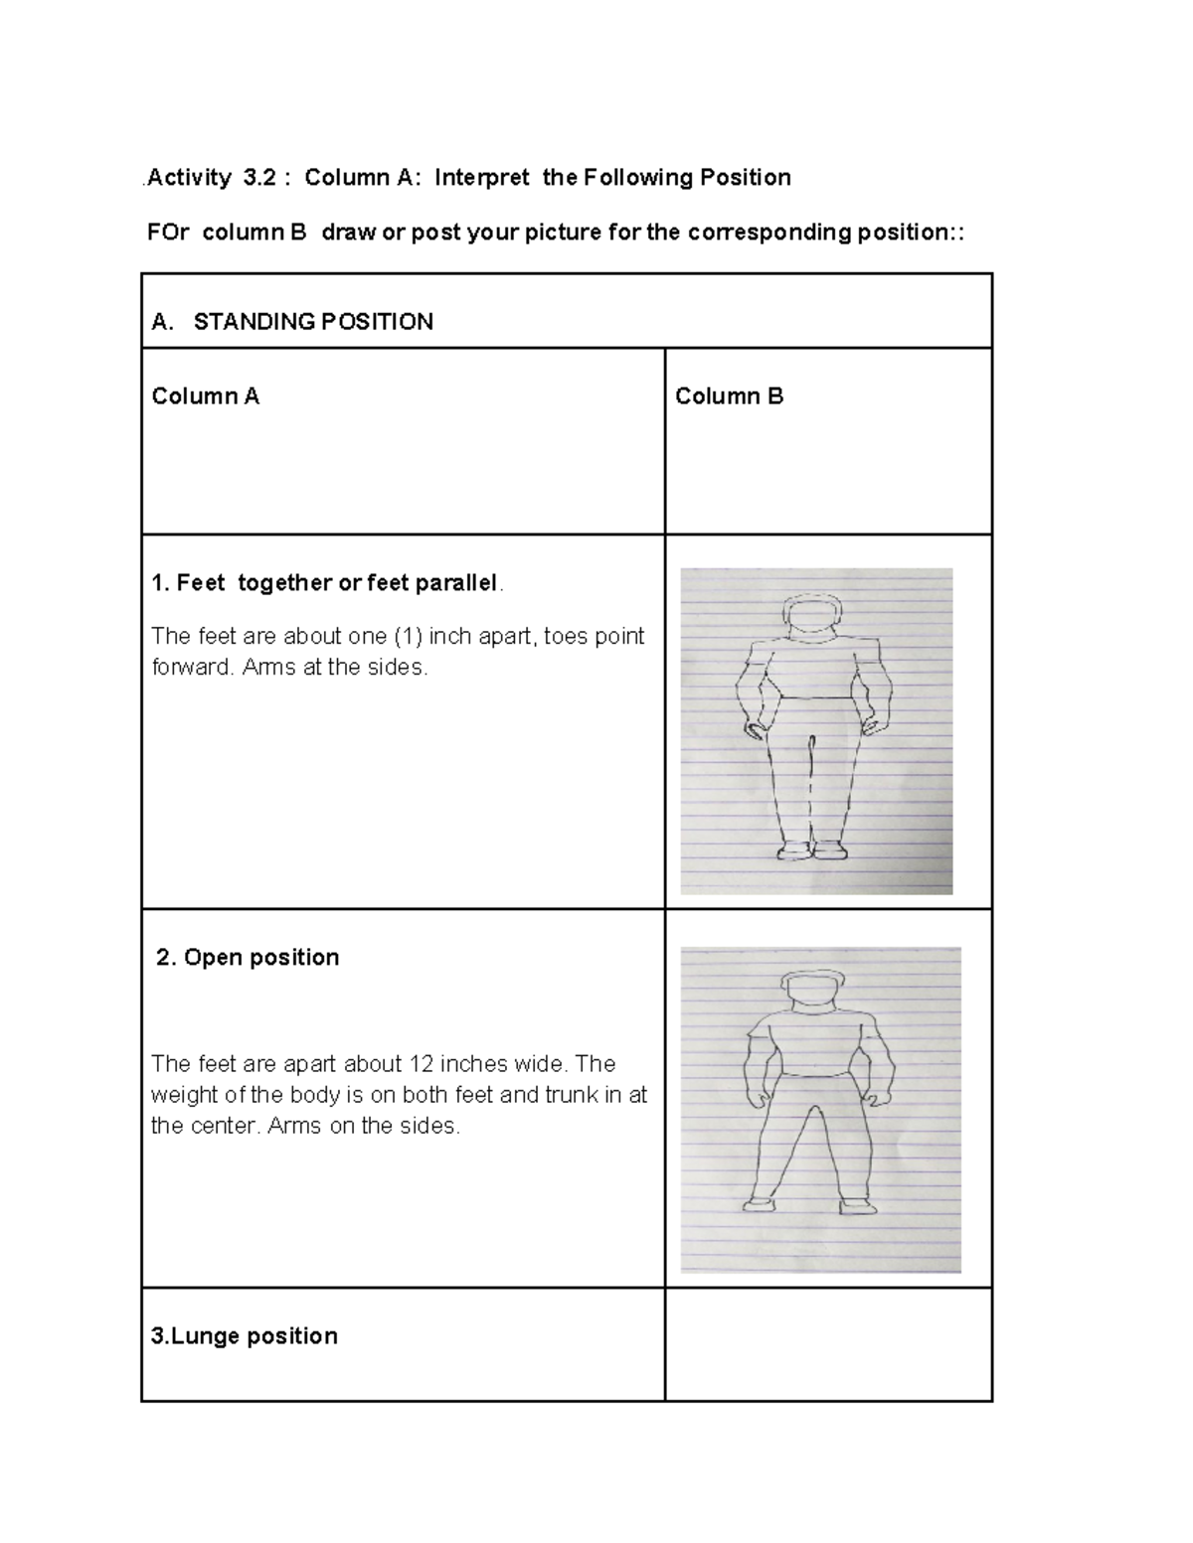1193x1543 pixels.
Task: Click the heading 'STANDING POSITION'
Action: [312, 322]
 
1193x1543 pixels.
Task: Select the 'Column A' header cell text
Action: [205, 396]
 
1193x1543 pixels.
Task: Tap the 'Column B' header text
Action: [729, 396]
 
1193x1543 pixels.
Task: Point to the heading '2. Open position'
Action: [248, 957]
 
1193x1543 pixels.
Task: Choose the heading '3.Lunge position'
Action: [244, 1335]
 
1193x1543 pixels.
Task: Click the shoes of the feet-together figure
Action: [812, 850]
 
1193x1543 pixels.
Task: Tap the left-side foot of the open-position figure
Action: [760, 1204]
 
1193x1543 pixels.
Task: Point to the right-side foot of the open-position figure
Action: [857, 1206]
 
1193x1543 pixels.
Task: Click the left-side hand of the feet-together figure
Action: [757, 730]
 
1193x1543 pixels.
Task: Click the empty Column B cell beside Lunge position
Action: [827, 1344]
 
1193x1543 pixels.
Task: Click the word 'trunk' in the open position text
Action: [571, 1095]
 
